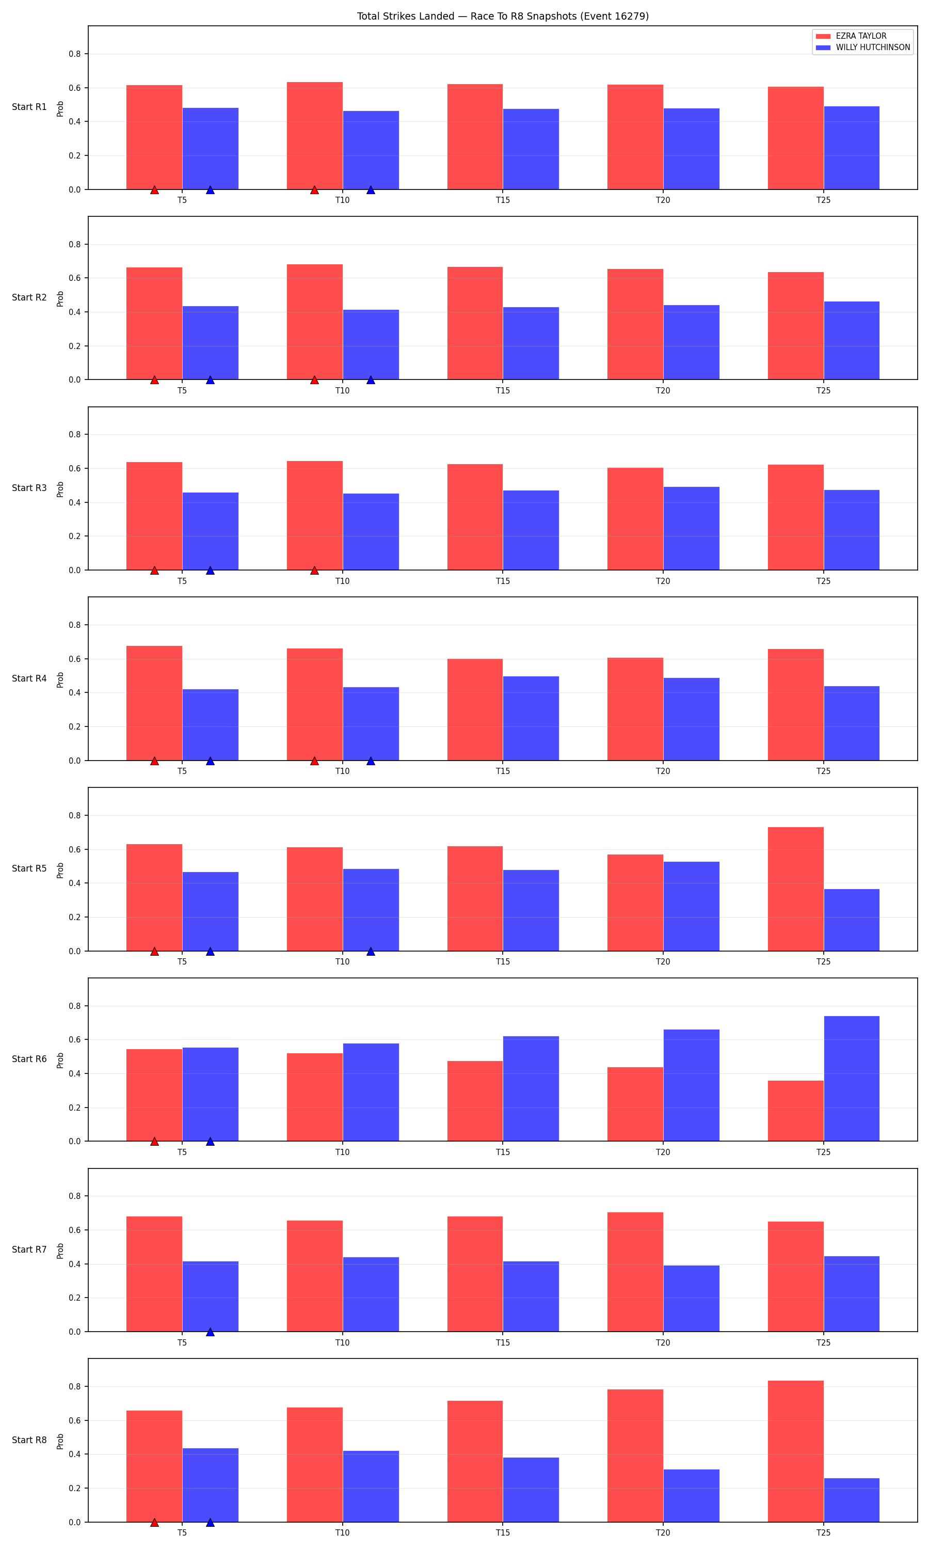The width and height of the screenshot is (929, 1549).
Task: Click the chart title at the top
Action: (x=503, y=17)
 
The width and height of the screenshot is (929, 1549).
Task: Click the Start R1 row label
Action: (x=29, y=107)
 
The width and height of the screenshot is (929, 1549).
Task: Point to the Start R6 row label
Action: (x=29, y=1059)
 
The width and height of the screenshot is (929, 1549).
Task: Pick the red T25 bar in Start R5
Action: (x=796, y=889)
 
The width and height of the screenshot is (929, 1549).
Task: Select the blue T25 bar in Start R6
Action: (x=852, y=1079)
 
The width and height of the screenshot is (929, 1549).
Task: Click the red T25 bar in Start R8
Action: (x=796, y=1451)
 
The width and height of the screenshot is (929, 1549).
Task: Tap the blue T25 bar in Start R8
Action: (x=852, y=1500)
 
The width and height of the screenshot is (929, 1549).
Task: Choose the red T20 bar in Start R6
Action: (x=635, y=1104)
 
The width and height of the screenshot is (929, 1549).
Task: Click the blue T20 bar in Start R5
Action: (x=691, y=907)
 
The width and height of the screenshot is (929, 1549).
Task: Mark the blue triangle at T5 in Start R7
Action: (x=211, y=1332)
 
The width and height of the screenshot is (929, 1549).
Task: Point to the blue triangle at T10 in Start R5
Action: (x=371, y=951)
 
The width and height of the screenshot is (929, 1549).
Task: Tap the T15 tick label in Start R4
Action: (x=503, y=771)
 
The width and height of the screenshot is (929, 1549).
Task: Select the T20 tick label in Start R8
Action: (x=663, y=1532)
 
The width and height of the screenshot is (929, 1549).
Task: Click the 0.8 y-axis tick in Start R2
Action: (x=74, y=244)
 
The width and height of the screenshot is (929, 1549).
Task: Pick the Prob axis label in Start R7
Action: (x=60, y=1251)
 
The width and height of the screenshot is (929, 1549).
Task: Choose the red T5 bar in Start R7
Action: (x=154, y=1274)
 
